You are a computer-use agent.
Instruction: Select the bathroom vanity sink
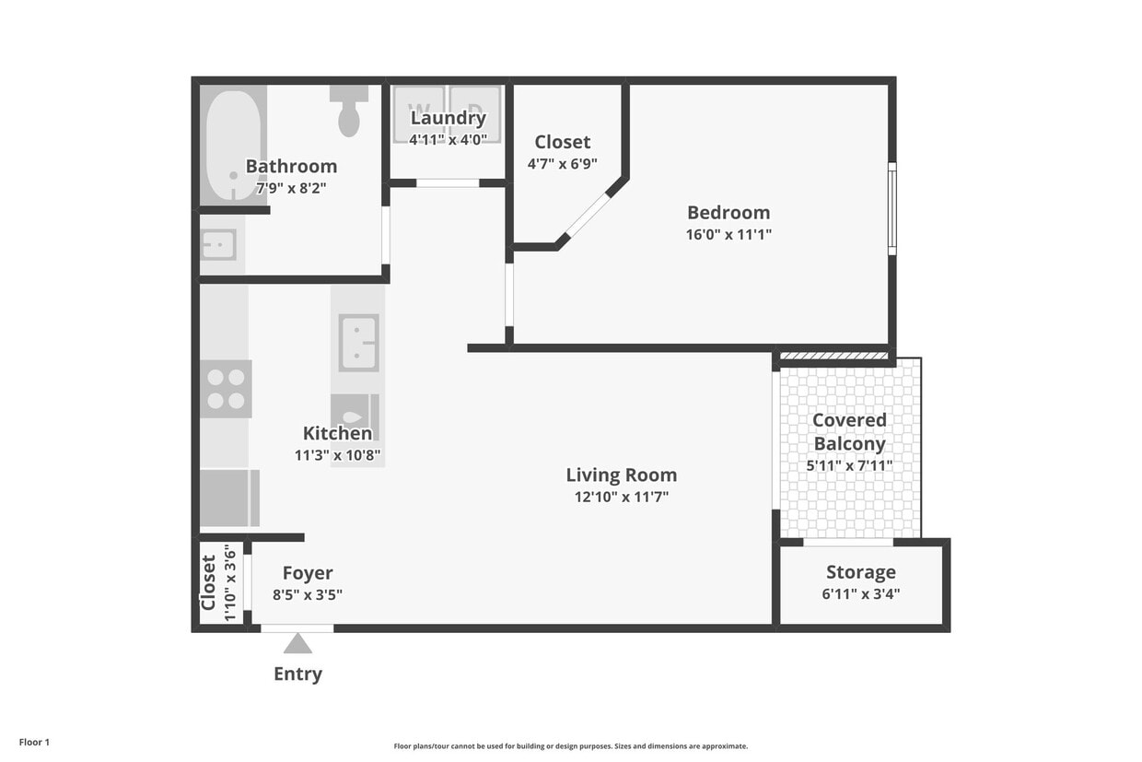click(x=219, y=245)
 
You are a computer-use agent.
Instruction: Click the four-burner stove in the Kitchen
click(x=226, y=389)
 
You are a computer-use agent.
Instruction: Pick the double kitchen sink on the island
click(x=358, y=343)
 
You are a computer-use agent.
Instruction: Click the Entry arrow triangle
click(x=297, y=643)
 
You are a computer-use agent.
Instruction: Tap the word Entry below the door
click(x=297, y=674)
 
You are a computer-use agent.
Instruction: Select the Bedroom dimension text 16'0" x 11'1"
click(x=728, y=234)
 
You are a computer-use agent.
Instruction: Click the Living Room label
click(x=621, y=475)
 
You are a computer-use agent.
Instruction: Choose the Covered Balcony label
click(x=849, y=431)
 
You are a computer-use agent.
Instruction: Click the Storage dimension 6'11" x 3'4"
click(x=860, y=593)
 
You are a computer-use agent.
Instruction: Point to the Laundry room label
click(x=448, y=118)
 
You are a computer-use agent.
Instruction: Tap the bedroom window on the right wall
click(x=891, y=208)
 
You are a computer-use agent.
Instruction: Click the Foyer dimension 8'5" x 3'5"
click(x=308, y=594)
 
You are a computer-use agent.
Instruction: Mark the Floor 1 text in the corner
click(x=34, y=742)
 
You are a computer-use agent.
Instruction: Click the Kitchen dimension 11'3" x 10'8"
click(x=337, y=454)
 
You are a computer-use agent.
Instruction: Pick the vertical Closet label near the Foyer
click(x=209, y=582)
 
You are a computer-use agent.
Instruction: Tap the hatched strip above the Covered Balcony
click(x=833, y=356)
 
